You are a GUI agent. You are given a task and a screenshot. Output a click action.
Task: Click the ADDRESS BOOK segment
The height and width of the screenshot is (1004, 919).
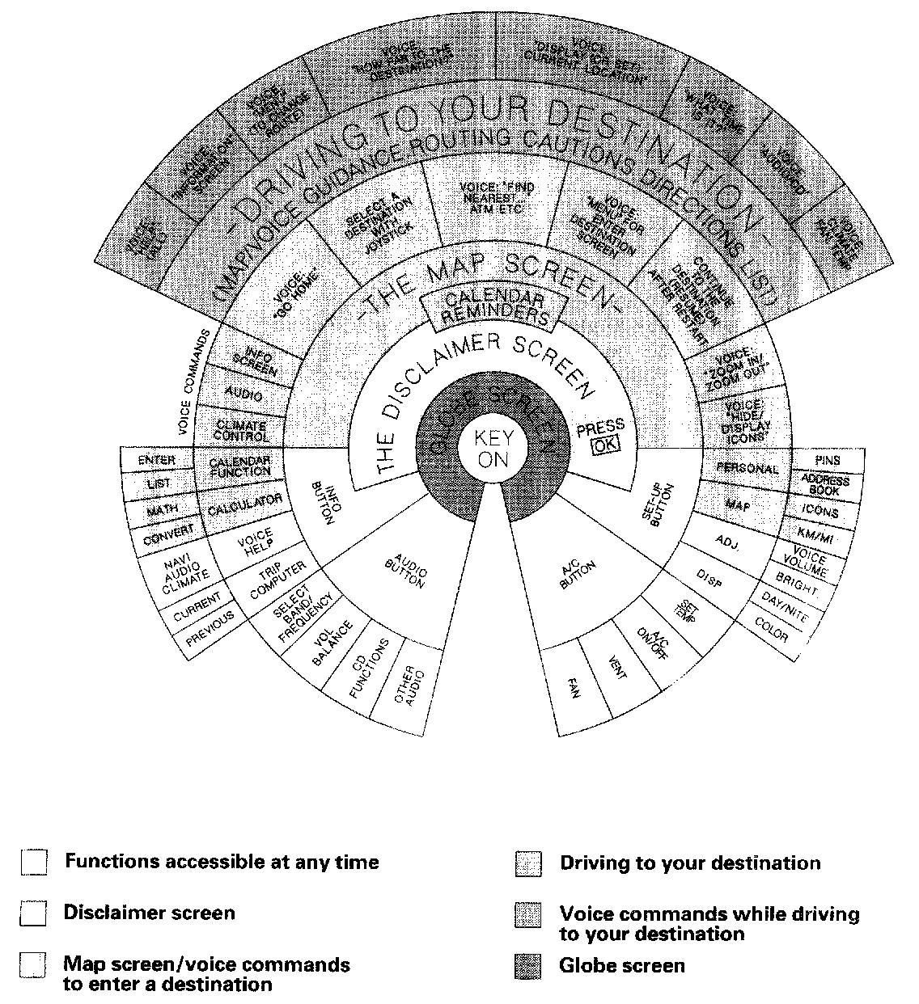(x=824, y=485)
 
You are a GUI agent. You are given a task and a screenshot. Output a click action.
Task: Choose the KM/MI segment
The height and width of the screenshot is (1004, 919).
(x=819, y=536)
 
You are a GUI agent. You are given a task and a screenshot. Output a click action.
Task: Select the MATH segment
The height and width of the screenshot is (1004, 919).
(x=162, y=509)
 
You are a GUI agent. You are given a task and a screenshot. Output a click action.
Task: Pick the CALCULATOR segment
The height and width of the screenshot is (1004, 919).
(x=244, y=505)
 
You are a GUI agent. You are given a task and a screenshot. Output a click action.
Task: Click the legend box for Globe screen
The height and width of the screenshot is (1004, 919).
(x=527, y=966)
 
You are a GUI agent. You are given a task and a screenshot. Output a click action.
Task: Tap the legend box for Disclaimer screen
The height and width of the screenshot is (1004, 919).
(x=34, y=914)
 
